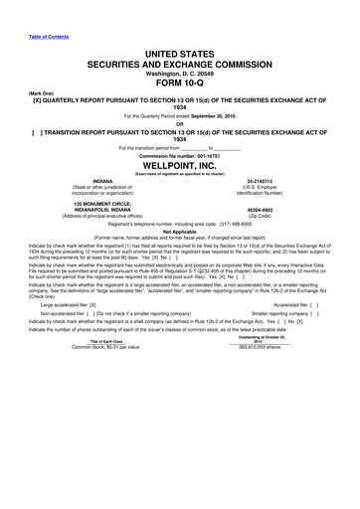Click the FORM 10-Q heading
(180, 84)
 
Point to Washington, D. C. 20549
(180, 73)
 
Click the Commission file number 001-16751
(180, 155)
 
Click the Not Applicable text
(180, 232)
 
